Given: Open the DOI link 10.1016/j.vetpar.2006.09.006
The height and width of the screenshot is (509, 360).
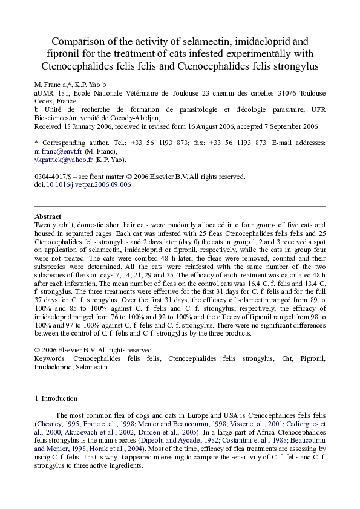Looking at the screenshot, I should point(88,185).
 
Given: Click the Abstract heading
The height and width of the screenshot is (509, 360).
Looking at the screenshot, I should point(48,216).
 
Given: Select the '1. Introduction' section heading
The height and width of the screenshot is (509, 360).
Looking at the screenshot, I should point(56,398).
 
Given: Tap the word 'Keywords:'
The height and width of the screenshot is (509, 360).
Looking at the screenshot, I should point(51,358).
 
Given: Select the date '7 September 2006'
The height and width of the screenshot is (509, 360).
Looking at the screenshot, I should point(284,127).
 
